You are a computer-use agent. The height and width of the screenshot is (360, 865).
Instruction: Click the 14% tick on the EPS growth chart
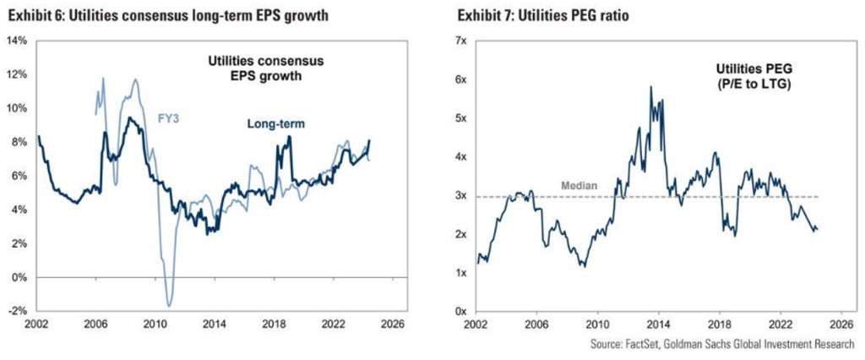click(17, 41)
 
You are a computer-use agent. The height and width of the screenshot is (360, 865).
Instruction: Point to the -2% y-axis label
click(17, 311)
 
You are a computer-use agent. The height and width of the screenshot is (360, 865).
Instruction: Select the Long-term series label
click(275, 124)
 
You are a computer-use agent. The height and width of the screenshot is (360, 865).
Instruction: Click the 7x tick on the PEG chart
click(460, 41)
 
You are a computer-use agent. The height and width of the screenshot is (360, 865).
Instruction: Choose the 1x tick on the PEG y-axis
click(460, 273)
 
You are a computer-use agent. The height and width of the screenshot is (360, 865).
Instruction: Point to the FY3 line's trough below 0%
click(169, 305)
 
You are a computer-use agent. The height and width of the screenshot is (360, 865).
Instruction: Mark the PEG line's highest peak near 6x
click(650, 86)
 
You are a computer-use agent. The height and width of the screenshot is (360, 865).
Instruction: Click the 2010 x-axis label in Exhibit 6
click(155, 324)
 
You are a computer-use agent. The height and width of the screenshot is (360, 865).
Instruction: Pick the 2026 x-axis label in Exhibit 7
click(840, 324)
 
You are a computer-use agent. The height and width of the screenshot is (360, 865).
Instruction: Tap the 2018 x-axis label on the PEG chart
click(719, 324)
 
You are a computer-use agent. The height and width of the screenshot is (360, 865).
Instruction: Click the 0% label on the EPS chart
click(19, 277)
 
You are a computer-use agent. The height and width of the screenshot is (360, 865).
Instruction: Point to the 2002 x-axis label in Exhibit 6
click(36, 324)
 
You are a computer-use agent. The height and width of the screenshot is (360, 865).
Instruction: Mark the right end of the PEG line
click(818, 229)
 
